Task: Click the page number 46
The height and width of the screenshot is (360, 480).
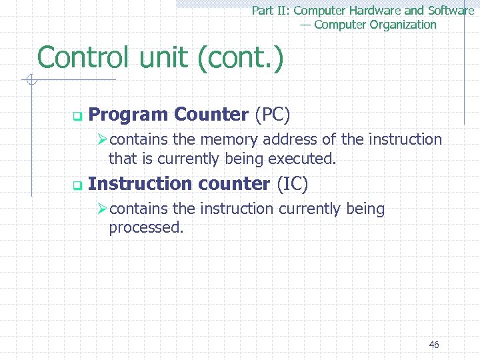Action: [x=434, y=345]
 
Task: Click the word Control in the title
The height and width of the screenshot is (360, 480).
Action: [x=85, y=58]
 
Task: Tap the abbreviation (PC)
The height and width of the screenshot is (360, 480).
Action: [x=272, y=115]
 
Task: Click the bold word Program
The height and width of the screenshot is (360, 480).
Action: [x=128, y=115]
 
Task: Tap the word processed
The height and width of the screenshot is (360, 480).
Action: [x=146, y=227]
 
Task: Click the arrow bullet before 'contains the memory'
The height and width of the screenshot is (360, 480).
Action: [x=103, y=140]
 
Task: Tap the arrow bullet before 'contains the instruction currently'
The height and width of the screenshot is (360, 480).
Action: [x=103, y=209]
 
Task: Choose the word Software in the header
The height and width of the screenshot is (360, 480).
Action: [x=451, y=11]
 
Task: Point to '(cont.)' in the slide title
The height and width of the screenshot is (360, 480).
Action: [x=241, y=58]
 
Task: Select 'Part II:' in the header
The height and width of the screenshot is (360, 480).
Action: [x=271, y=11]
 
